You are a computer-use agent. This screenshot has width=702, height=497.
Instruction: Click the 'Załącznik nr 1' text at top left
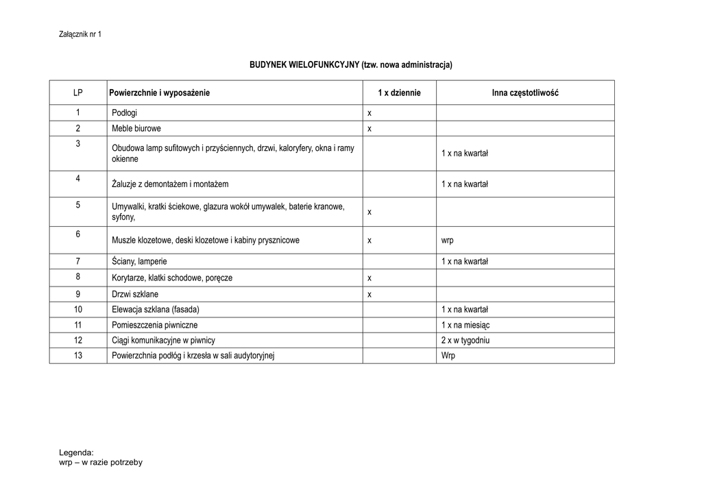point(80,34)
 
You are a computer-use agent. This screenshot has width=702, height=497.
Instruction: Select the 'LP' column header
point(78,93)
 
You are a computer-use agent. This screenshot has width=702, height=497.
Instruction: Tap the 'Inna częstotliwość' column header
point(524,93)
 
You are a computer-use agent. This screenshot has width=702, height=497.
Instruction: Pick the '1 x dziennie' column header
point(399,93)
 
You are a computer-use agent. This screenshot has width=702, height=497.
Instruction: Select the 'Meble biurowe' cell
point(136,128)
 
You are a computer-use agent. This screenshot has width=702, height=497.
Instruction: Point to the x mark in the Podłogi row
point(370,113)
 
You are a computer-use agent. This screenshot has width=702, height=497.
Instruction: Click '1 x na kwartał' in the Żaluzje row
point(464,184)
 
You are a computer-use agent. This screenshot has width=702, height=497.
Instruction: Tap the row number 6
point(78,234)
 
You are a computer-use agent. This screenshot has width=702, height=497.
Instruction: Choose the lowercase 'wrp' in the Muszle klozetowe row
point(448,241)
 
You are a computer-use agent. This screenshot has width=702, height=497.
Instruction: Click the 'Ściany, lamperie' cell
point(139,261)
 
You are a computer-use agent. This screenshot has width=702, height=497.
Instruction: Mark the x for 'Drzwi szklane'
point(370,294)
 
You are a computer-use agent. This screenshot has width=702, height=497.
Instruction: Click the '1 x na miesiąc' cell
point(465,325)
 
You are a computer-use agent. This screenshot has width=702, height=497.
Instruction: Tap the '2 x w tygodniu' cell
point(465,340)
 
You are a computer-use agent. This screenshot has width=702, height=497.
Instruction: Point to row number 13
point(78,355)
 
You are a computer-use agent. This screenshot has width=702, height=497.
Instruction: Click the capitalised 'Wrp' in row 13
point(448,356)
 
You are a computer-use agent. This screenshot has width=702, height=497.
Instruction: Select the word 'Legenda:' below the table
point(76,452)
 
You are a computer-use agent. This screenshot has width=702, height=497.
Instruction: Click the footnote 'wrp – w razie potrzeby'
point(101,463)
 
